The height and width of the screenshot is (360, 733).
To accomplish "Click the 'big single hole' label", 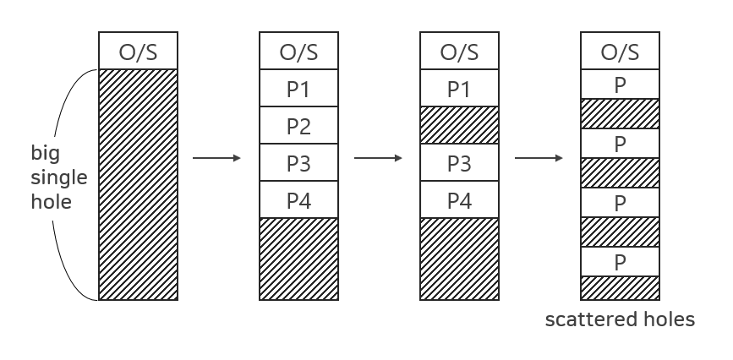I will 51,178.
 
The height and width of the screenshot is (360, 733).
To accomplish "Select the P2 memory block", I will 298,126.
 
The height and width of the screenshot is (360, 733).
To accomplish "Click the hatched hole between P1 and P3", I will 459,126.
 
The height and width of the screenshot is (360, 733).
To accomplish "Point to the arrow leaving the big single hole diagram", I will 216,158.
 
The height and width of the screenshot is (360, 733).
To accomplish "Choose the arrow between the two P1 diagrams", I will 377,158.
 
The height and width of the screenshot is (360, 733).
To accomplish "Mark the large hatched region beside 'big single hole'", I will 139,184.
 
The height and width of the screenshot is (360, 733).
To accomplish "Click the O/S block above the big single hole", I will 139,52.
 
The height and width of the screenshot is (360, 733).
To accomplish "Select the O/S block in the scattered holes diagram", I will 620,52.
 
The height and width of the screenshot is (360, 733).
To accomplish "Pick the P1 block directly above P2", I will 298,89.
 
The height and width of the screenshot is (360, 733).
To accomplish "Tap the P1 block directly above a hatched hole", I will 459,89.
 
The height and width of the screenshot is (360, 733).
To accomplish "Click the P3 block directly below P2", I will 298,163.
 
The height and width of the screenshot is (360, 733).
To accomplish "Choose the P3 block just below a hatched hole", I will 459,163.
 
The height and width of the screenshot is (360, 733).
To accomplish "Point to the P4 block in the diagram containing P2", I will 298,200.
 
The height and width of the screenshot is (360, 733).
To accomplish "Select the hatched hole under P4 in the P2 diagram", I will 298,259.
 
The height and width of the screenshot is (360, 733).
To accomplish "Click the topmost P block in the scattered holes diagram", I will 620,85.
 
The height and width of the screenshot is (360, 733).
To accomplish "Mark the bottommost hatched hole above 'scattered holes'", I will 620,287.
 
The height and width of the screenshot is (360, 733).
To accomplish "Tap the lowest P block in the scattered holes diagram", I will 620,261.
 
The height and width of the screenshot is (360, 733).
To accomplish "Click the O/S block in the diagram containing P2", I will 298,52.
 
